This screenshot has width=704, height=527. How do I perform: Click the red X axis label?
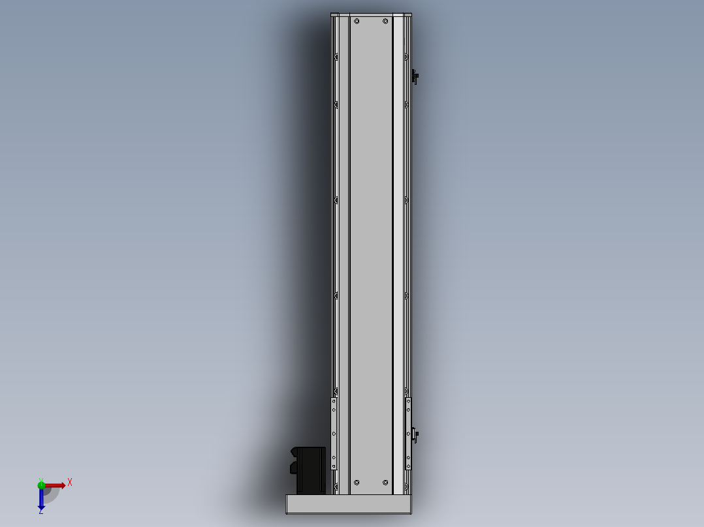pos(70,483)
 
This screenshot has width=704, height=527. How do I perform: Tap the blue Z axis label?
pos(41,511)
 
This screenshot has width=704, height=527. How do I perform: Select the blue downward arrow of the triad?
pos(41,498)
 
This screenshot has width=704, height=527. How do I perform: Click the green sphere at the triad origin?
pos(41,485)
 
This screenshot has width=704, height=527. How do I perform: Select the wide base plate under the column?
pos(349,504)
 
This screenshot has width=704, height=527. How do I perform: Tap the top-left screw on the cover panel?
pos(357,21)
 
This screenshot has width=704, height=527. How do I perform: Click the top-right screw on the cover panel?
pos(385,21)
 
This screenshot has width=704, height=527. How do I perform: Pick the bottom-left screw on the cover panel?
pos(357,483)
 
